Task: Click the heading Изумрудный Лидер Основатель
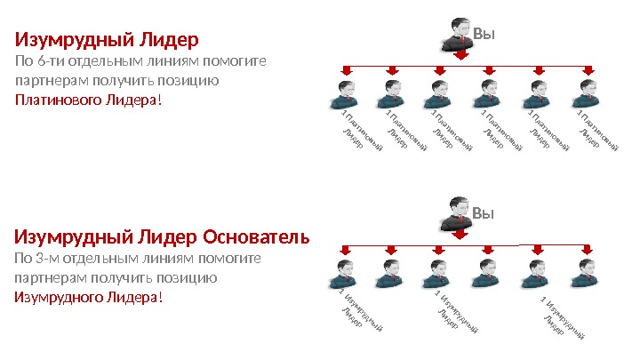pos(163,237)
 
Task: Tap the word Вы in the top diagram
pos(484,35)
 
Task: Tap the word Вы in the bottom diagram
pos(484,214)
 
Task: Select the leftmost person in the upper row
pos(342,93)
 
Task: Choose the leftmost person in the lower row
pos(342,273)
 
